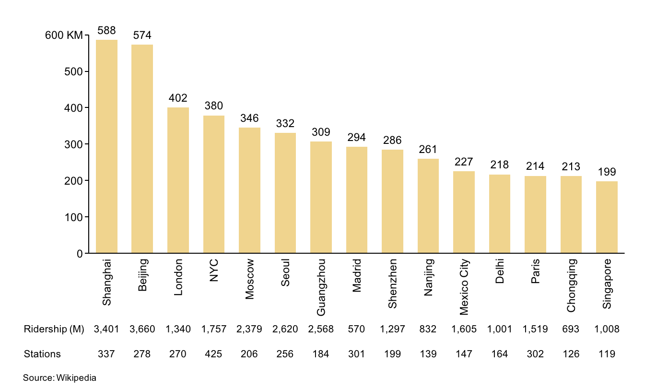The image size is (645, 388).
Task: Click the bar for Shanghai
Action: click(x=106, y=146)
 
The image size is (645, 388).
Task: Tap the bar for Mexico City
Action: click(x=464, y=212)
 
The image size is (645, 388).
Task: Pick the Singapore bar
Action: click(x=607, y=217)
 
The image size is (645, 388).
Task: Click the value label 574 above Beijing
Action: click(x=142, y=35)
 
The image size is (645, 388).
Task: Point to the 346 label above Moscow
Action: click(x=249, y=118)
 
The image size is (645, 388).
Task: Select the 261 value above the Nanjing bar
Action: click(x=428, y=149)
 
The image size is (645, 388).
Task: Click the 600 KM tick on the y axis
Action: click(x=64, y=35)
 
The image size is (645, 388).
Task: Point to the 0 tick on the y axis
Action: click(x=80, y=253)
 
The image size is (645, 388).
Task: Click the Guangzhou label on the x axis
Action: click(x=321, y=287)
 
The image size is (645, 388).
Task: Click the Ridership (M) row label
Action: click(x=54, y=329)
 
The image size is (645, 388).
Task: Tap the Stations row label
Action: click(x=42, y=354)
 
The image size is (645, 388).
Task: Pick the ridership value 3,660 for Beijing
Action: click(x=142, y=329)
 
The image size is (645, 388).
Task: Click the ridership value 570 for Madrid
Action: click(x=356, y=329)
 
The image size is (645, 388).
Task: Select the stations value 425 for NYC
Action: click(x=213, y=354)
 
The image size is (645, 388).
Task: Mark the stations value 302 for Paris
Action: click(x=535, y=354)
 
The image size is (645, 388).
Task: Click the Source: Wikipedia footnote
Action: click(x=59, y=377)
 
